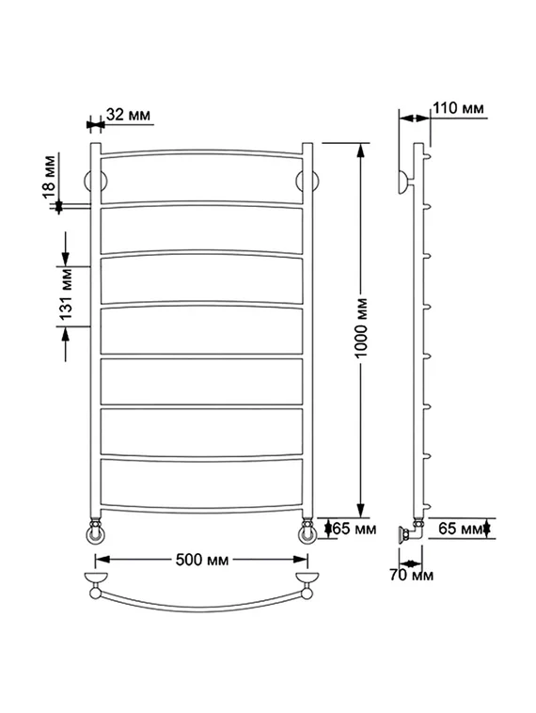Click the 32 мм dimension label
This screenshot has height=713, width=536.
[x=128, y=114]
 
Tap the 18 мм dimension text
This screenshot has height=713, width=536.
[x=49, y=177]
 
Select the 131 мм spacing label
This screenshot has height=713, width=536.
[x=67, y=294]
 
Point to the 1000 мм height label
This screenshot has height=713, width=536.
[x=361, y=327]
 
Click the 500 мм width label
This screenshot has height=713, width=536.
[x=202, y=560]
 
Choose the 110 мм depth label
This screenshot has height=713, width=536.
[x=458, y=108]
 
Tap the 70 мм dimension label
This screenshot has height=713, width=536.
[x=412, y=575]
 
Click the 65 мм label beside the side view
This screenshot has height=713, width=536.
[x=460, y=529]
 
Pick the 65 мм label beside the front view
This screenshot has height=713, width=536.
[x=355, y=529]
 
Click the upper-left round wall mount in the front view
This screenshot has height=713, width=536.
[x=96, y=182]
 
